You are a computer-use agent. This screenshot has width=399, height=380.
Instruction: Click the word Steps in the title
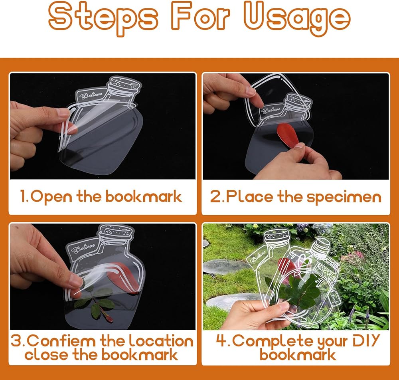tap(103, 18)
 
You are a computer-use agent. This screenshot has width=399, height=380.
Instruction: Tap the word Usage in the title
tap(297, 18)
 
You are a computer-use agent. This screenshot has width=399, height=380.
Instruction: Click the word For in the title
tap(201, 16)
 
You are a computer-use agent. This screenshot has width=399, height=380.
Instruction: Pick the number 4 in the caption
tap(220, 340)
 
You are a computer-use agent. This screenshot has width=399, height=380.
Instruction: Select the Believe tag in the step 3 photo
tap(83, 248)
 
